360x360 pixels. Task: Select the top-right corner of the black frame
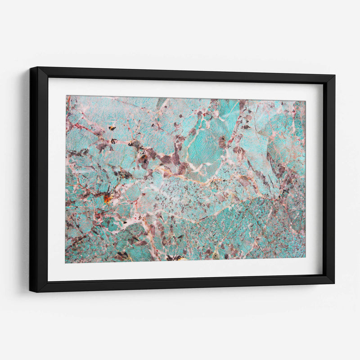click(x=335, y=76)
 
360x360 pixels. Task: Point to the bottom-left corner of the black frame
click(x=30, y=292)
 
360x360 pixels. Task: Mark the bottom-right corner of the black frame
click(x=334, y=283)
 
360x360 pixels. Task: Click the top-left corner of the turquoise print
click(x=67, y=96)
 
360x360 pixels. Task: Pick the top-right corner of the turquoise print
click(x=306, y=101)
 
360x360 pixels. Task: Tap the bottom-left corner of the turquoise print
click(x=66, y=263)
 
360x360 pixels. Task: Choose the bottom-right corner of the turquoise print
click(x=305, y=258)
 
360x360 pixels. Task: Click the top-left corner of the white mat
click(x=49, y=78)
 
